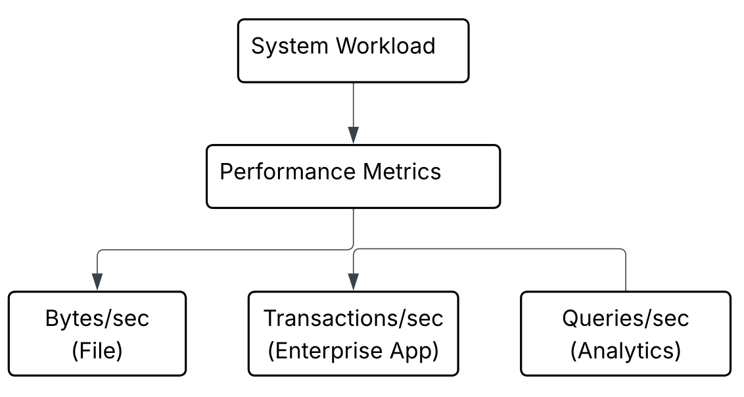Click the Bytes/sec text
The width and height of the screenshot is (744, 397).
tap(97, 319)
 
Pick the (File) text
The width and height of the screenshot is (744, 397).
tap(97, 351)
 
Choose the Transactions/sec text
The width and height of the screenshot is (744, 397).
tap(354, 319)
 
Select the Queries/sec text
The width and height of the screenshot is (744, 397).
tap(625, 319)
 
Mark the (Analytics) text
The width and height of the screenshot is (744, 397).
tap(625, 351)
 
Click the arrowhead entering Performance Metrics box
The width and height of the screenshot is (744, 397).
tap(354, 136)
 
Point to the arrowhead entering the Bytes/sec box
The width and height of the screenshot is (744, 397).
tap(97, 282)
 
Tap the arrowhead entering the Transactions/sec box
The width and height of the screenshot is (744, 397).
tap(354, 282)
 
